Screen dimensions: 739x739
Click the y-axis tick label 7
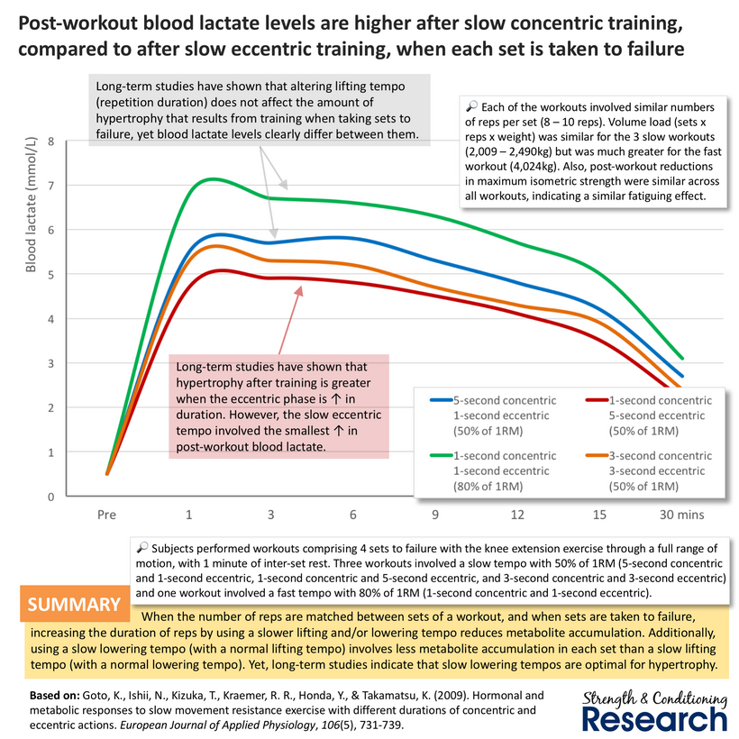coord(50,186)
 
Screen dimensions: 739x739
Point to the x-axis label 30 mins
coord(681,515)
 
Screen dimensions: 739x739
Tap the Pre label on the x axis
coord(106,515)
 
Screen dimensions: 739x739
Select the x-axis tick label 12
coord(517,515)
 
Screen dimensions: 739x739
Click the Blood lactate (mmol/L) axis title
coord(32,205)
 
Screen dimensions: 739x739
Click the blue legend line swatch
coord(441,401)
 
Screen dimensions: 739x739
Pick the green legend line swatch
coord(441,456)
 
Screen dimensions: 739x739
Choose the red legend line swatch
coord(597,401)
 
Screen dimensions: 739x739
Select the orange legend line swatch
coord(597,456)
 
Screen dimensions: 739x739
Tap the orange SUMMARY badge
coord(75,604)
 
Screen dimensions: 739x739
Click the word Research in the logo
coord(655,720)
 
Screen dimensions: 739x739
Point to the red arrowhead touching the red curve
coord(298,291)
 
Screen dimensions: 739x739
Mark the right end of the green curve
coord(682,359)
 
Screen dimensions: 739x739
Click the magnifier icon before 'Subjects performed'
coord(141,547)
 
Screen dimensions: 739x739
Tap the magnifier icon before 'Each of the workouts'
coord(471,106)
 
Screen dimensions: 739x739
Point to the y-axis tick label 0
coord(50,497)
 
